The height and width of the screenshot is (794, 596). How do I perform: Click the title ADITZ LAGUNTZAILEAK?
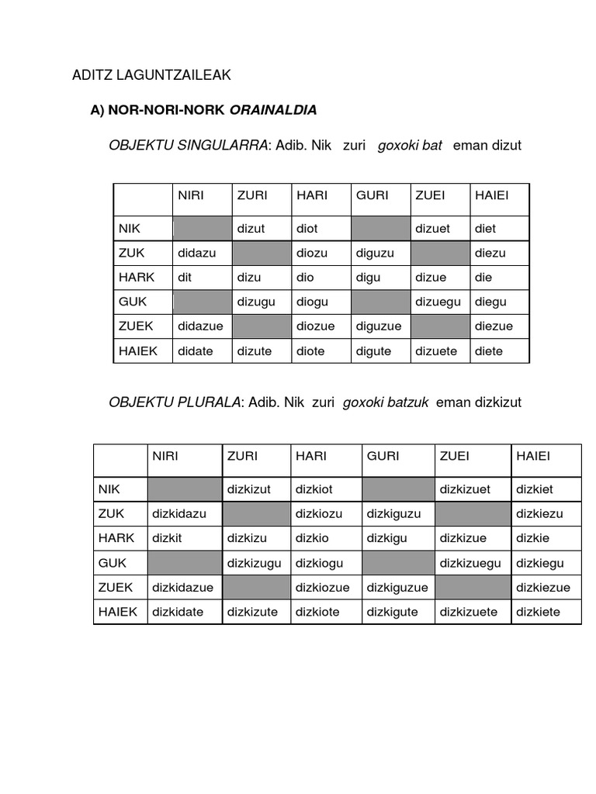tap(151, 75)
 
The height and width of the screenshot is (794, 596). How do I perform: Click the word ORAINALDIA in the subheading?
tap(273, 110)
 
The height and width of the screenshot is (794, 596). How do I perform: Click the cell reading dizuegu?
tap(438, 302)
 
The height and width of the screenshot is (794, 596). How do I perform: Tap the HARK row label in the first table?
tap(137, 277)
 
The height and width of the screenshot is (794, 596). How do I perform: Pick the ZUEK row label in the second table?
tap(116, 587)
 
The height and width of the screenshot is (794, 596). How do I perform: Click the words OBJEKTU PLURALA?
tap(175, 402)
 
